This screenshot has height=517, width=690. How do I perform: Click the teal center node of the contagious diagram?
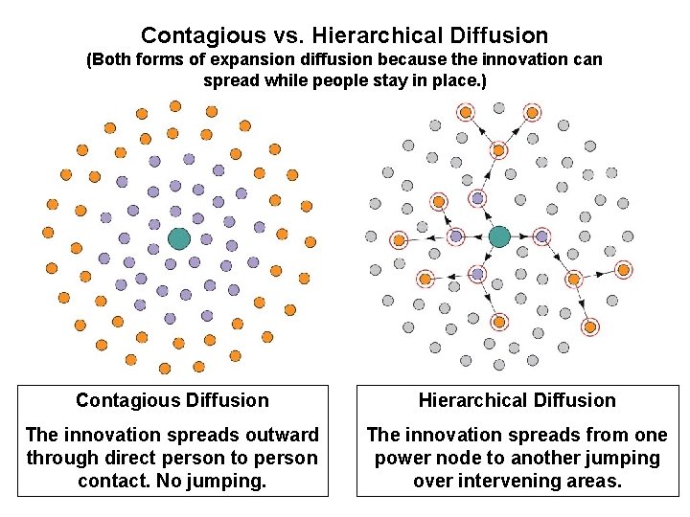click(x=179, y=238)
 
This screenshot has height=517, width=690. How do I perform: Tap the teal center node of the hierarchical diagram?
click(x=499, y=236)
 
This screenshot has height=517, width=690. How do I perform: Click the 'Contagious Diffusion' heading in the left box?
click(x=172, y=400)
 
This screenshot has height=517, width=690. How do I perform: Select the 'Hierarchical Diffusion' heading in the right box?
click(x=517, y=400)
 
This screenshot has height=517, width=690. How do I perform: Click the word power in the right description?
click(x=402, y=459)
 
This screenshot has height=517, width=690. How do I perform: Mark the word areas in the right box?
click(x=593, y=481)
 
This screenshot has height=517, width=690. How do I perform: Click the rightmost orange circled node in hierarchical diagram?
click(x=623, y=270)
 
